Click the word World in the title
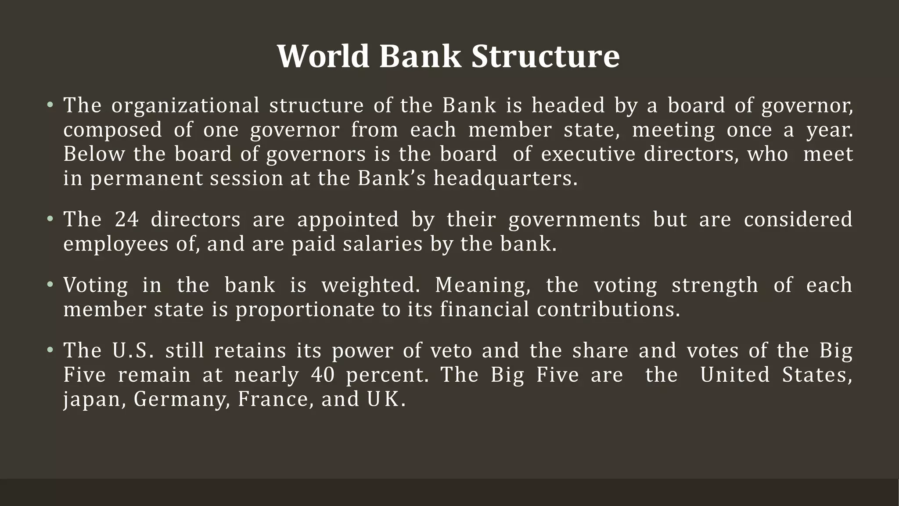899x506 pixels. tap(323, 56)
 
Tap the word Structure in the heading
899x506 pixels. tap(546, 56)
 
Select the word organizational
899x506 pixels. tap(185, 106)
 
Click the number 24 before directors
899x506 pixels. tap(127, 219)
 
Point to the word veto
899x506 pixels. tap(451, 351)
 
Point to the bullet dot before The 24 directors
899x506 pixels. tap(50, 219)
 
